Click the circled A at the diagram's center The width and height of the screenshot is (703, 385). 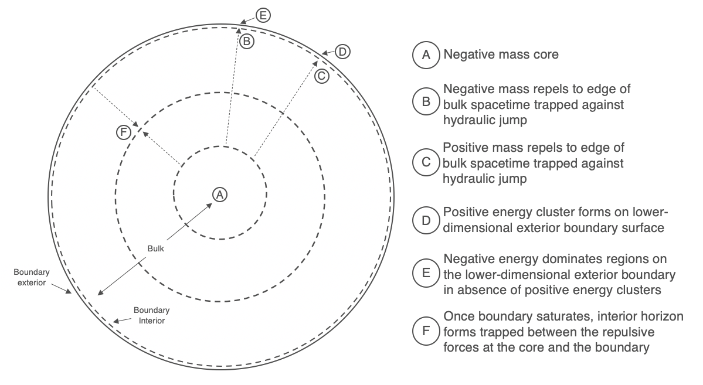point(220,195)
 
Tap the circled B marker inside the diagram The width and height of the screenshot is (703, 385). point(247,41)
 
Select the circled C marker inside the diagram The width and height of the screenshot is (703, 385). point(321,76)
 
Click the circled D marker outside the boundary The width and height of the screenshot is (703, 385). point(342,52)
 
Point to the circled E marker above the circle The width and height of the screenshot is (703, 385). point(263,16)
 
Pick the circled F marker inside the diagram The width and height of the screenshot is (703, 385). point(123,132)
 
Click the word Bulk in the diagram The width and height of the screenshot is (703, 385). point(155,248)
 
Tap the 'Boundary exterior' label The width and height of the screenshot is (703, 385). point(32,277)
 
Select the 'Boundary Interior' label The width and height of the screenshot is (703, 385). point(151,315)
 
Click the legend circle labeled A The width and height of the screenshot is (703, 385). point(426,55)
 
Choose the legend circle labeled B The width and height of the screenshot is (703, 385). point(426,101)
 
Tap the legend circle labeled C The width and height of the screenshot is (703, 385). point(426,162)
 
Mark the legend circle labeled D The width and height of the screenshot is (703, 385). point(426,220)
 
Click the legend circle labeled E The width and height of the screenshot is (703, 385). point(426,273)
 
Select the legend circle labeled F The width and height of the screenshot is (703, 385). point(426,331)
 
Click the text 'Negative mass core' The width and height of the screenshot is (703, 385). point(501,54)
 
